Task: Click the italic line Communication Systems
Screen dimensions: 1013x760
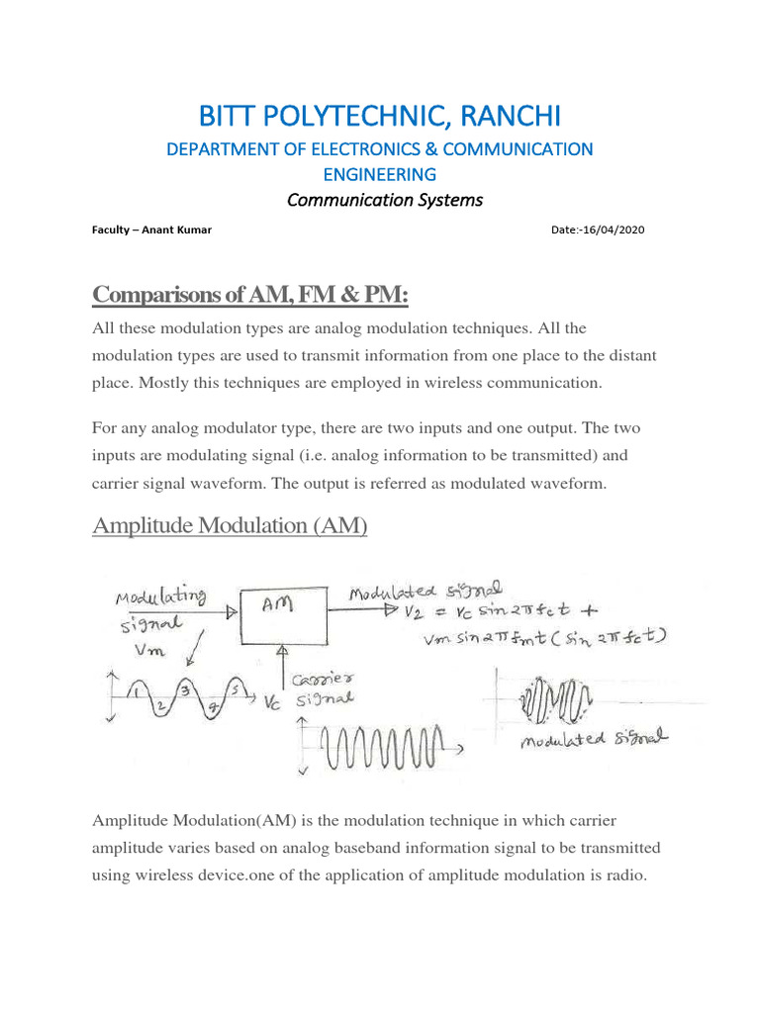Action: click(x=385, y=200)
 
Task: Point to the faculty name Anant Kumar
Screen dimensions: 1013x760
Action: click(x=177, y=230)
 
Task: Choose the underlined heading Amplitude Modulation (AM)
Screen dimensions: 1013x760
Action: click(x=230, y=525)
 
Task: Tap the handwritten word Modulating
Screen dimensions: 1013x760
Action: click(x=160, y=598)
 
